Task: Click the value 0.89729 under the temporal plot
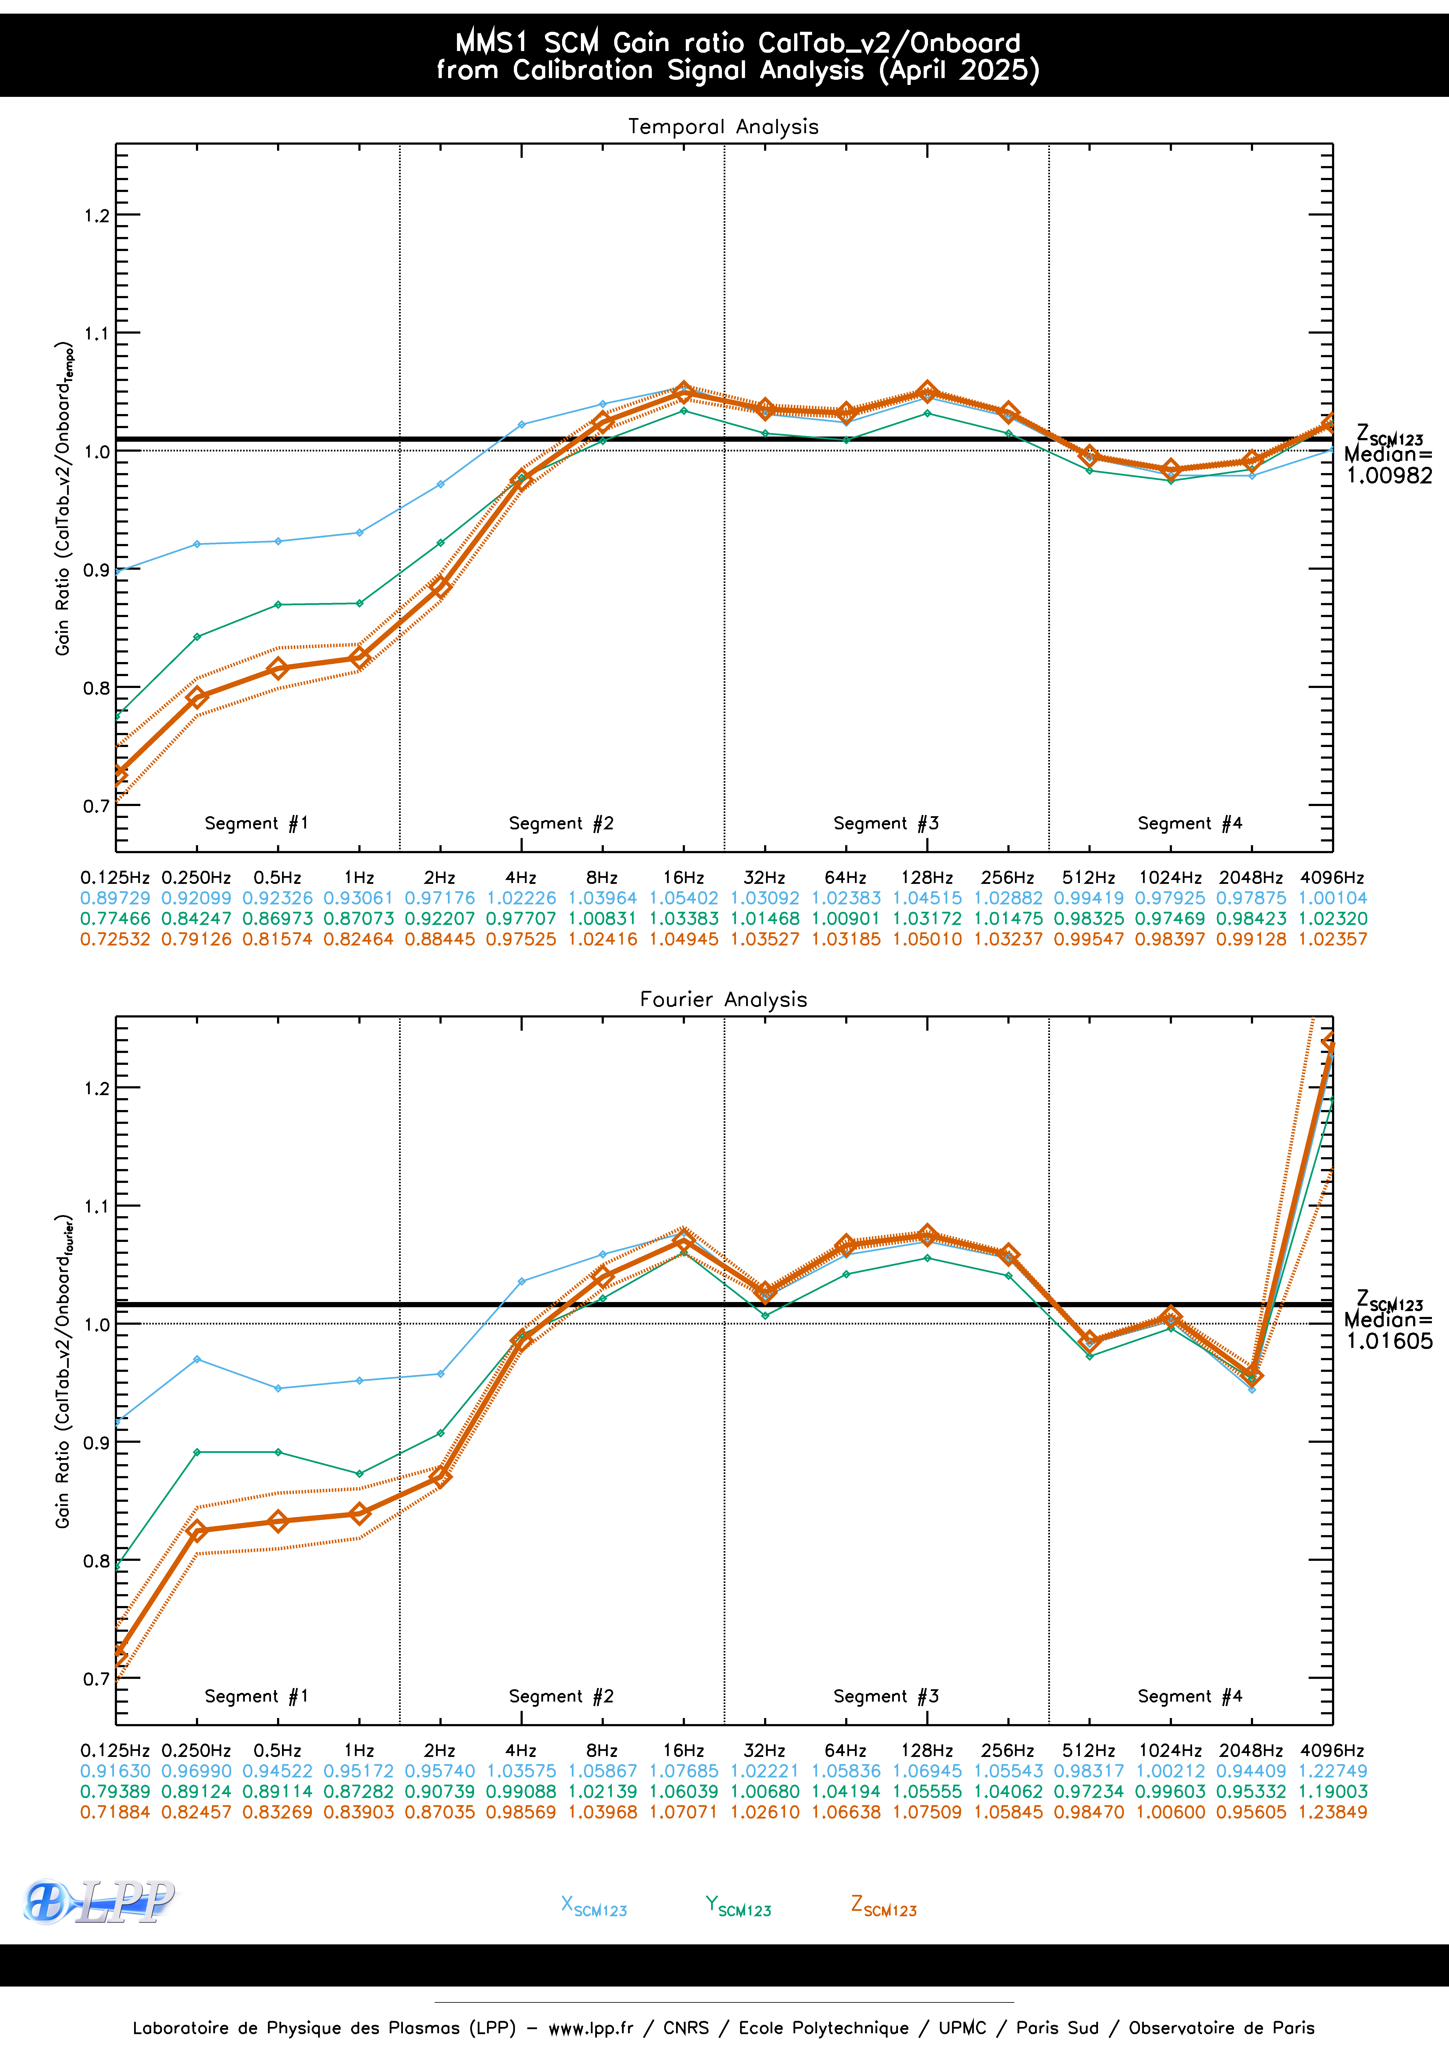(115, 897)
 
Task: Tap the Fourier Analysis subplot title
(723, 999)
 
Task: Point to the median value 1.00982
(1389, 476)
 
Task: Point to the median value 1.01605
(1389, 1341)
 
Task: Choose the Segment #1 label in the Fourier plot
(256, 1696)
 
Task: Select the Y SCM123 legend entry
(737, 1905)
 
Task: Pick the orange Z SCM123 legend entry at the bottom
(883, 1905)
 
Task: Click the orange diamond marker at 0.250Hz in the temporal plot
(197, 697)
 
